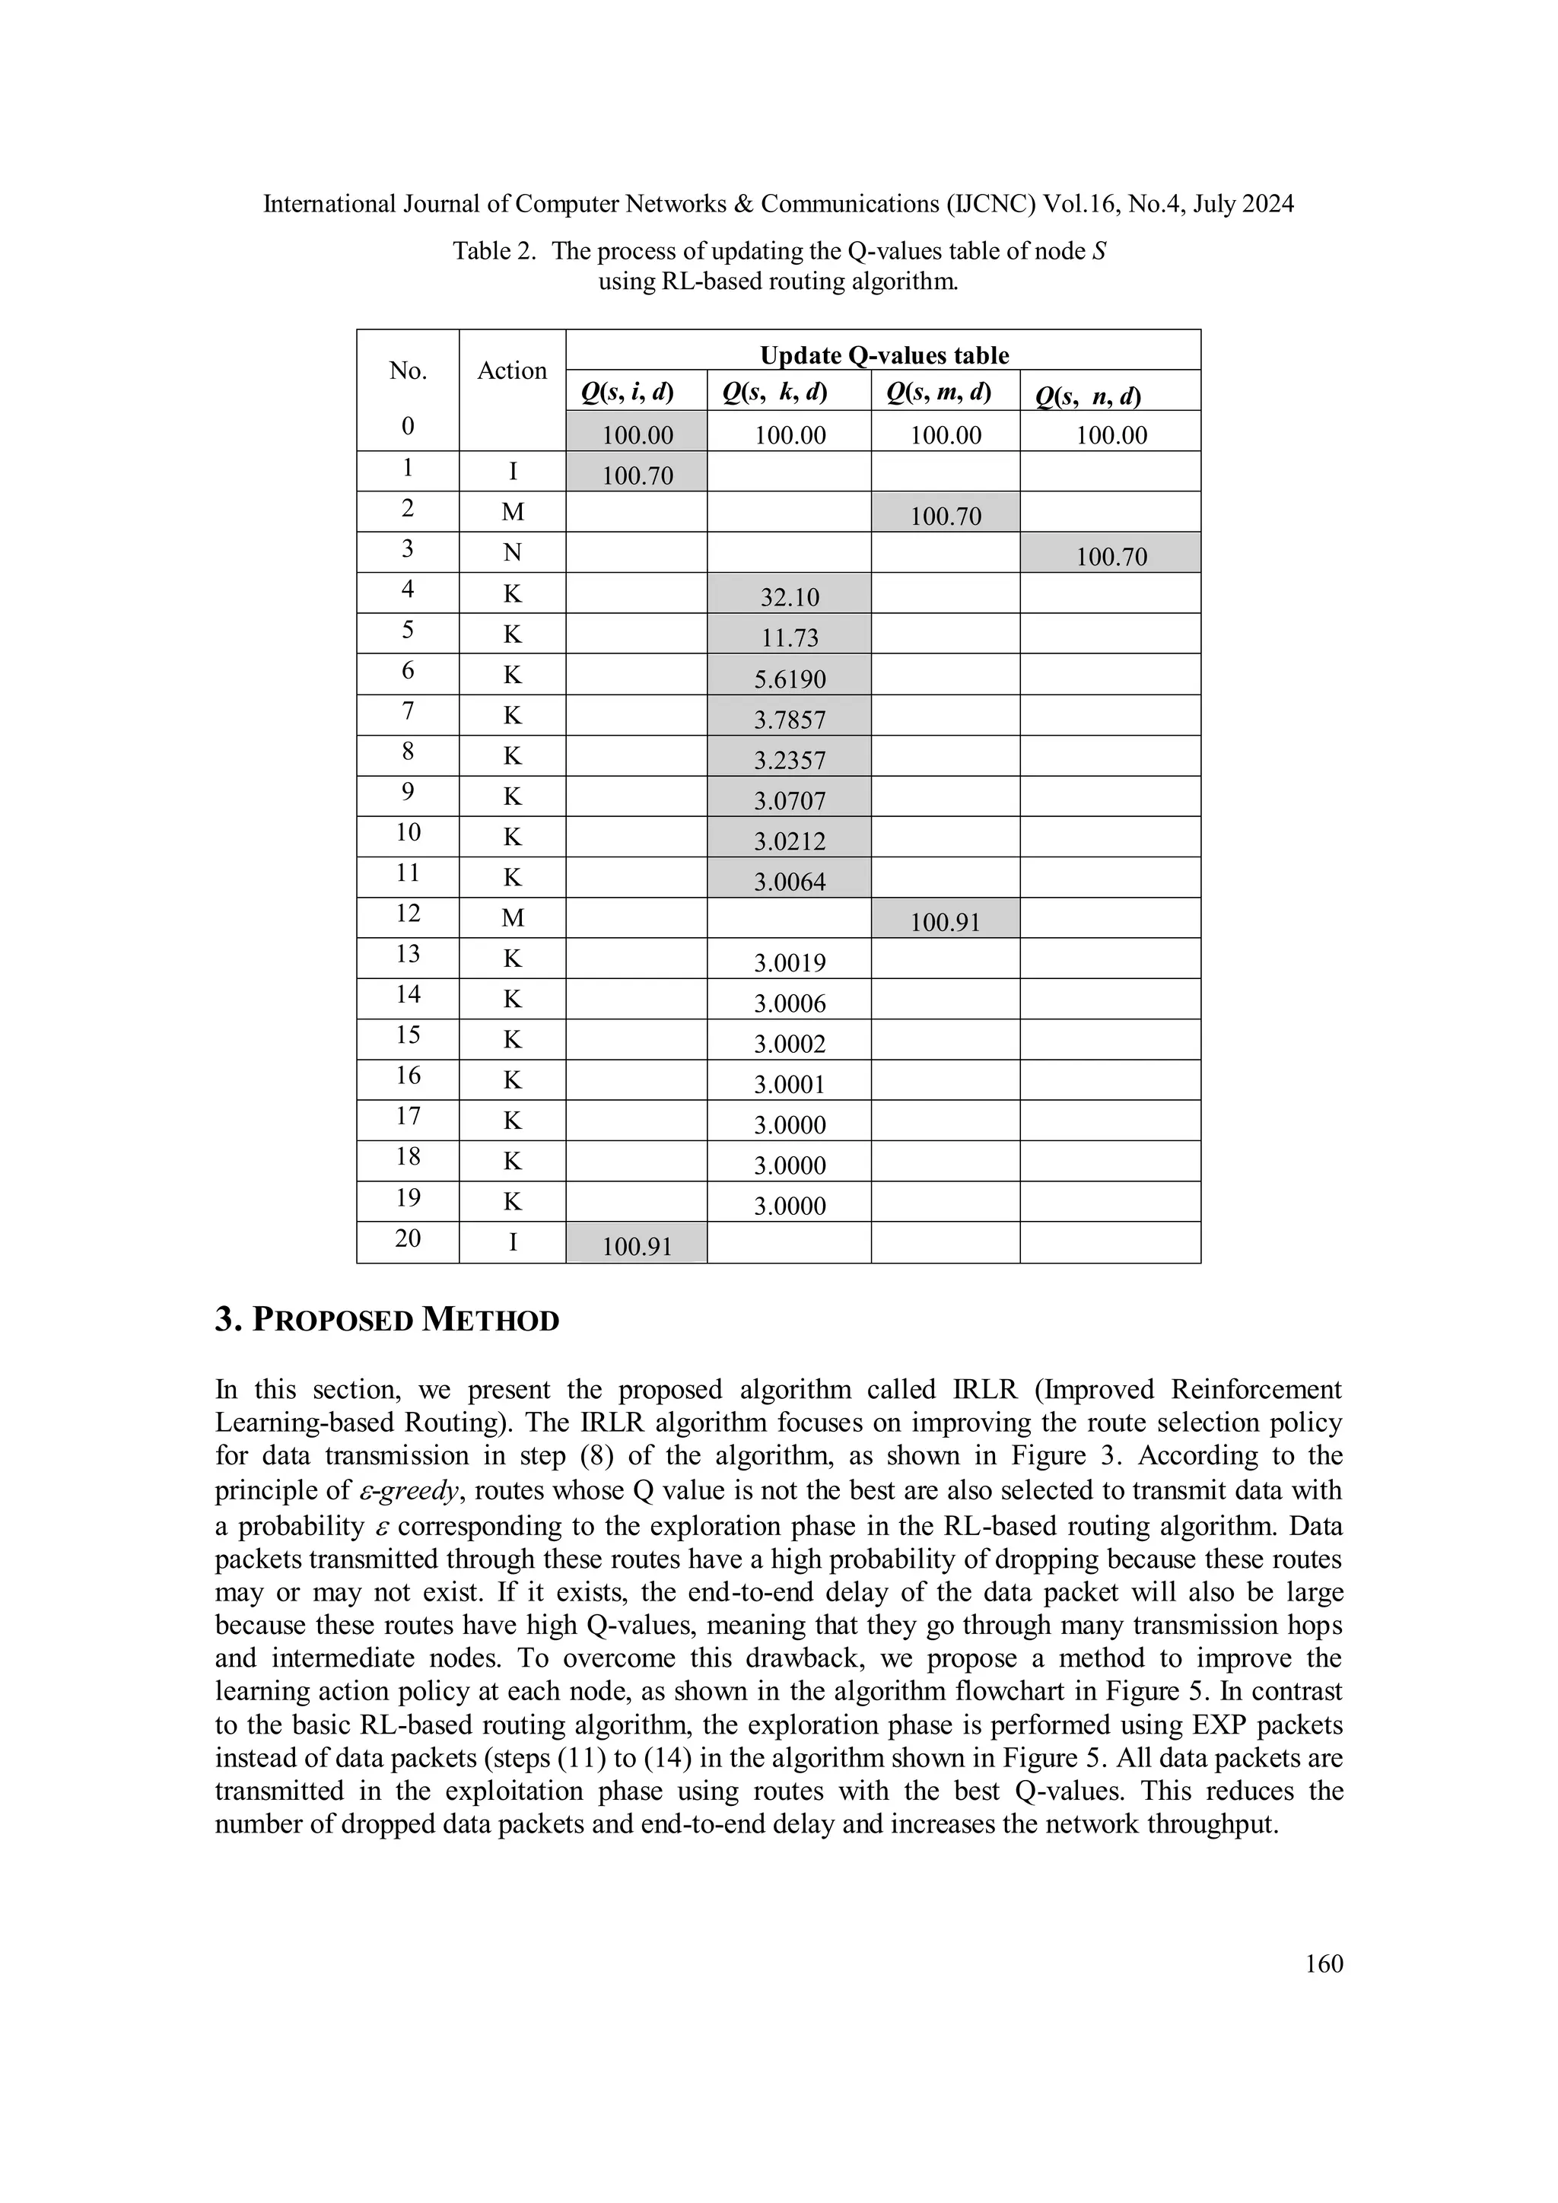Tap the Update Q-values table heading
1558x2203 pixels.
[x=883, y=355]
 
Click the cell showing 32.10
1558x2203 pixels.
[x=790, y=597]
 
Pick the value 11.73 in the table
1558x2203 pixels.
[x=790, y=638]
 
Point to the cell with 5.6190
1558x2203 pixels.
[x=790, y=679]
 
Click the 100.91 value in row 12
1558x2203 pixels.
[x=945, y=922]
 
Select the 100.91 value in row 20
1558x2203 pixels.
[x=637, y=1246]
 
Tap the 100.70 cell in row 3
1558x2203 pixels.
[x=1110, y=557]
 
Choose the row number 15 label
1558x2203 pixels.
[x=408, y=1035]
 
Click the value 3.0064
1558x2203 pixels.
[x=790, y=882]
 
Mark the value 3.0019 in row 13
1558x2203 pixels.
[x=790, y=962]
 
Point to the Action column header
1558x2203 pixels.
[x=512, y=370]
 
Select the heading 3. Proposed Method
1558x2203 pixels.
[x=386, y=1321]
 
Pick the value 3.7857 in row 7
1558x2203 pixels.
[x=790, y=720]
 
